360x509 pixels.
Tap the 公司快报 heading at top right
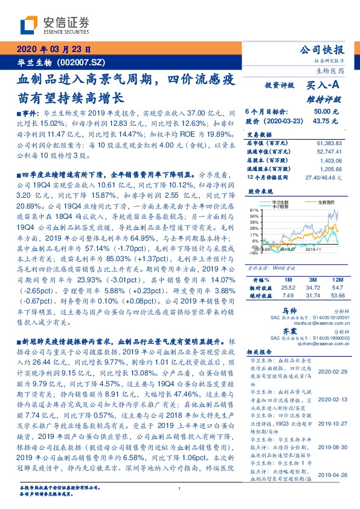click(x=324, y=50)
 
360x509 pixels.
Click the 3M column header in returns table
click(x=313, y=280)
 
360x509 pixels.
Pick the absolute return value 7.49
click(x=287, y=296)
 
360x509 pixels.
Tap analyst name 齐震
click(x=276, y=332)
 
